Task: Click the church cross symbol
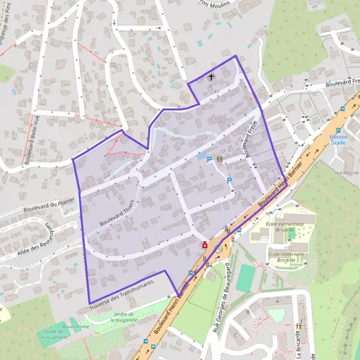(x=211, y=77)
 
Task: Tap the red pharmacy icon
(x=205, y=244)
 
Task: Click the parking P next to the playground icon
(x=209, y=160)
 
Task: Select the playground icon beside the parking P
(x=220, y=160)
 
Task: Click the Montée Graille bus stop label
(x=338, y=139)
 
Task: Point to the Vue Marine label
(x=347, y=172)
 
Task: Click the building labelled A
(x=277, y=301)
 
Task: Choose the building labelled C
(x=236, y=335)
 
